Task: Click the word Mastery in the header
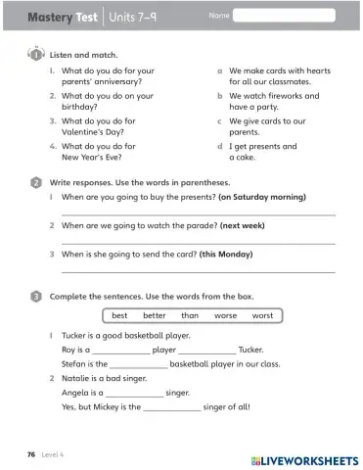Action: click(x=47, y=17)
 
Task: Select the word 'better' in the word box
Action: click(x=154, y=315)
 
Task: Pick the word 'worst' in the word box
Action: click(x=262, y=315)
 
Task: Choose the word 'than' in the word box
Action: click(x=190, y=315)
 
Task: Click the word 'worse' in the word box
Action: click(x=226, y=315)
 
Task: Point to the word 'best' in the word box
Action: click(x=119, y=315)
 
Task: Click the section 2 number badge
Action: click(x=35, y=182)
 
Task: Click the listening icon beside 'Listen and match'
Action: click(x=35, y=55)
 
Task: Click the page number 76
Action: click(x=31, y=455)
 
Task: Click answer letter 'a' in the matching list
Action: click(x=219, y=71)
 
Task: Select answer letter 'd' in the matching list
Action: click(x=219, y=146)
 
